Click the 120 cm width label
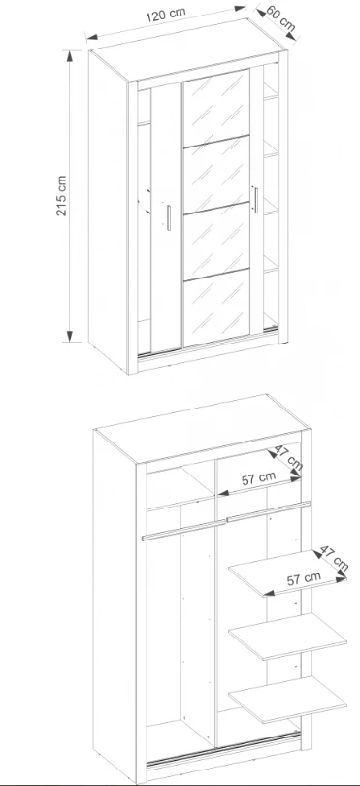(166, 14)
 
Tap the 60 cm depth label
(280, 18)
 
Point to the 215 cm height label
(61, 195)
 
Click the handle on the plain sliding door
(169, 217)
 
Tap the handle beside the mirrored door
(256, 200)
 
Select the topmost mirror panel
(217, 108)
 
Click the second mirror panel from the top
(217, 175)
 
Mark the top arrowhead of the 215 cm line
(70, 55)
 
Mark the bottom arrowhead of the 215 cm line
(70, 337)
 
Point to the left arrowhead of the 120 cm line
(91, 36)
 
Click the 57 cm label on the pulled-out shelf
(304, 579)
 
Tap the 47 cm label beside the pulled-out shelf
(334, 557)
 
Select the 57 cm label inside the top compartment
(258, 478)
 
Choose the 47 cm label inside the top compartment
(288, 459)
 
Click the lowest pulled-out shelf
(288, 700)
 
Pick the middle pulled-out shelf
(288, 637)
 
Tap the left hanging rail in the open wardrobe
(184, 531)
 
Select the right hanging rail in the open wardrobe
(269, 511)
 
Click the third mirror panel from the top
(217, 242)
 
